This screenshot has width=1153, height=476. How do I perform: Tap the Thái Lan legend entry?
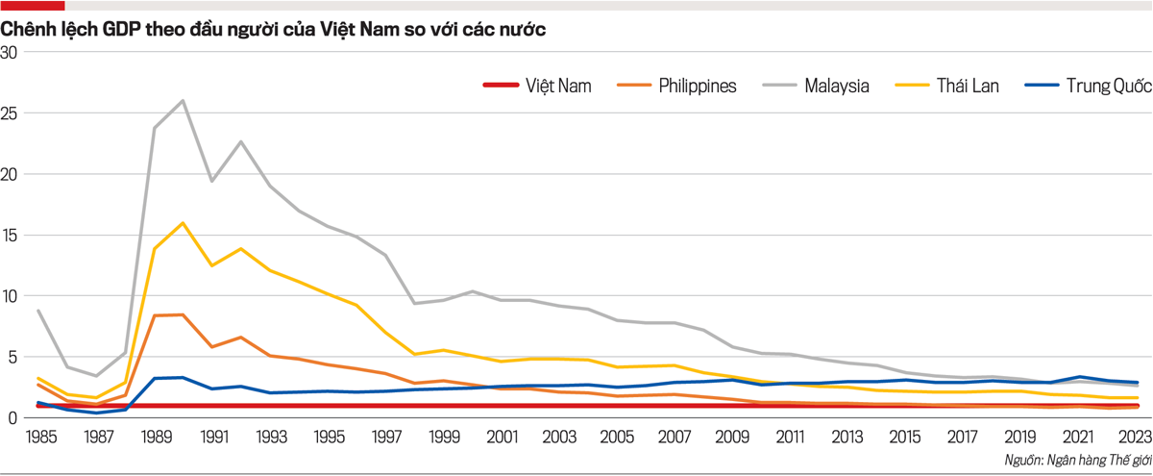964,86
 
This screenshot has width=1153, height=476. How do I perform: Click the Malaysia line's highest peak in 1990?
183,100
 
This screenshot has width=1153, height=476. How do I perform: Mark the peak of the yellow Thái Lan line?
183,223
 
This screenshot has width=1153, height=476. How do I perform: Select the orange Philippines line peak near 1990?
183,314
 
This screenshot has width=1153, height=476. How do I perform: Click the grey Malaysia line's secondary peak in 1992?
241,141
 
